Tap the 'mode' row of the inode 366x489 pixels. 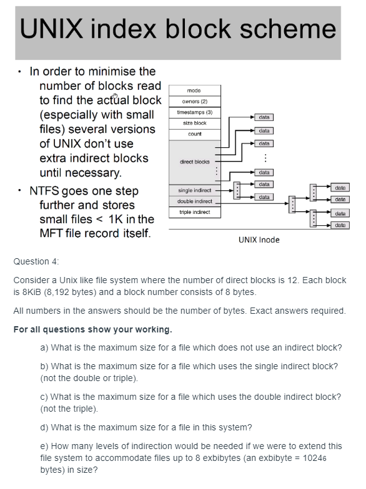tap(194, 90)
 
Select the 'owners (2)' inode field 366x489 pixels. tap(194, 101)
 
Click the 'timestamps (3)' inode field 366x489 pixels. tap(194, 112)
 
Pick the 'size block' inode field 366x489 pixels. tap(194, 123)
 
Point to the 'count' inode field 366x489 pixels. tap(194, 134)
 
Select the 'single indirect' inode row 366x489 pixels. tap(194, 190)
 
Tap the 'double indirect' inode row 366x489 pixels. tap(194, 201)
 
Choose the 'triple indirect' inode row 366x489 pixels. tap(194, 212)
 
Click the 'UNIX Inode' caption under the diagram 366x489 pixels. tap(259, 240)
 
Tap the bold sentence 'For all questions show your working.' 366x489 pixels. tap(92, 329)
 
